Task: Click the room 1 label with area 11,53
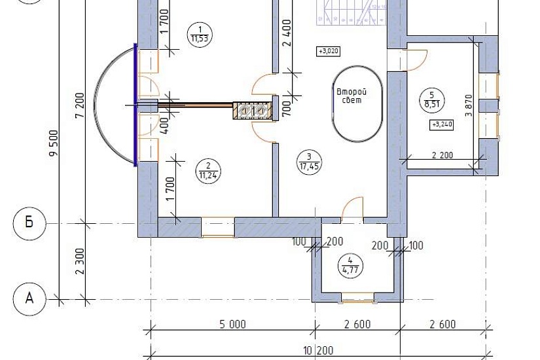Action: [x=200, y=35]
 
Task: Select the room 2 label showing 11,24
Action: [x=208, y=171]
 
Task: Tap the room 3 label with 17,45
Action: [x=309, y=162]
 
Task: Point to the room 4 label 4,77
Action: [x=351, y=265]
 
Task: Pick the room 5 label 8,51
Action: [x=432, y=99]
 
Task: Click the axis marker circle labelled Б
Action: [x=29, y=223]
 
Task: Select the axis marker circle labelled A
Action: [x=29, y=298]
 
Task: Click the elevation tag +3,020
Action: [x=329, y=51]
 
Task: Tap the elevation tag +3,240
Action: [x=442, y=124]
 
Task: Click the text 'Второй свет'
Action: [x=351, y=96]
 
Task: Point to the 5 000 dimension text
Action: [x=233, y=325]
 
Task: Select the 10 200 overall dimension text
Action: [x=319, y=351]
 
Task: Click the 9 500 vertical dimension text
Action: [x=54, y=143]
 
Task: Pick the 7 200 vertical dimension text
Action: [x=80, y=105]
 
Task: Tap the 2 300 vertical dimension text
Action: [x=80, y=261]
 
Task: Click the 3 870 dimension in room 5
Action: [x=469, y=105]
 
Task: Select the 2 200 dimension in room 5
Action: [x=442, y=155]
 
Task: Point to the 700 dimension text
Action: [x=287, y=108]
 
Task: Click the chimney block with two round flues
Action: [x=253, y=111]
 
